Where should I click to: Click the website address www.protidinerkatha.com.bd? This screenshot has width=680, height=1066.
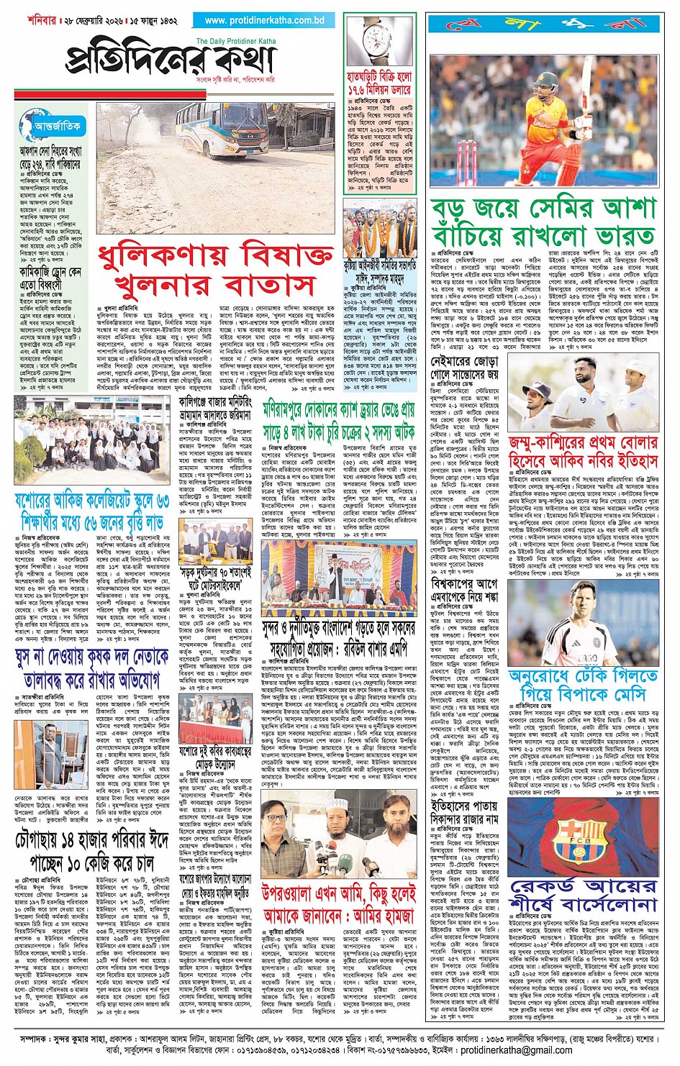(264, 21)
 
